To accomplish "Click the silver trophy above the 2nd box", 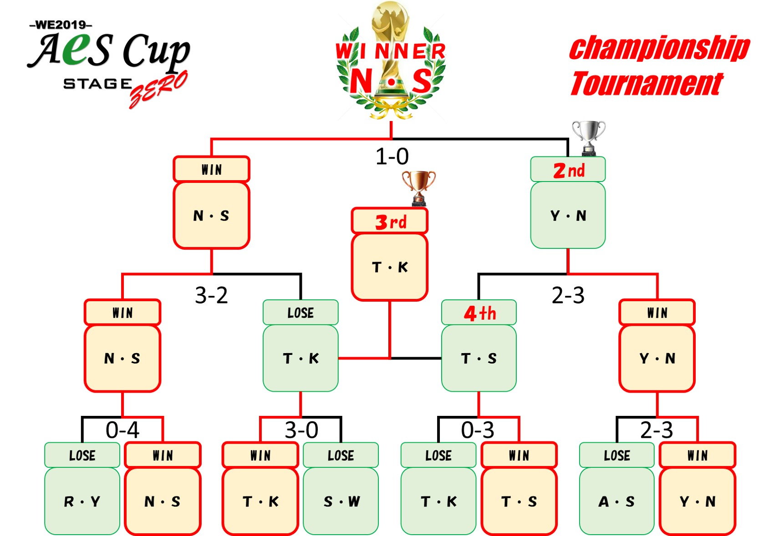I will point(588,137).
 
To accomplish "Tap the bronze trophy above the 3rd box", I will point(418,187).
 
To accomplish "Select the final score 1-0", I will point(392,157).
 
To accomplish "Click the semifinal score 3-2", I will point(211,295).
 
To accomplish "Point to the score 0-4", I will point(122,430).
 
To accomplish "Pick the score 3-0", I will point(301,430).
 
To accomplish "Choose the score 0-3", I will point(478,430).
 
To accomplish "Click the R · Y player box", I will point(82,501).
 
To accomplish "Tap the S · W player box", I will point(341,501).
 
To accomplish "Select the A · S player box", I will point(616,501).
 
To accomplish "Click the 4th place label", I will point(479,313).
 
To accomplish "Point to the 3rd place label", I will point(390,222).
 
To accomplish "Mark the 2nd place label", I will point(568,170).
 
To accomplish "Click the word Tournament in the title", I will point(647,84).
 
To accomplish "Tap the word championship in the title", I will point(659,48).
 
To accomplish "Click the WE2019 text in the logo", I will point(61,25).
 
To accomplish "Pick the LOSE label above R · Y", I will point(82,455).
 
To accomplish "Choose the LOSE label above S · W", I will point(341,455).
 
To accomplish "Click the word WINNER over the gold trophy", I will point(391,51).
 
